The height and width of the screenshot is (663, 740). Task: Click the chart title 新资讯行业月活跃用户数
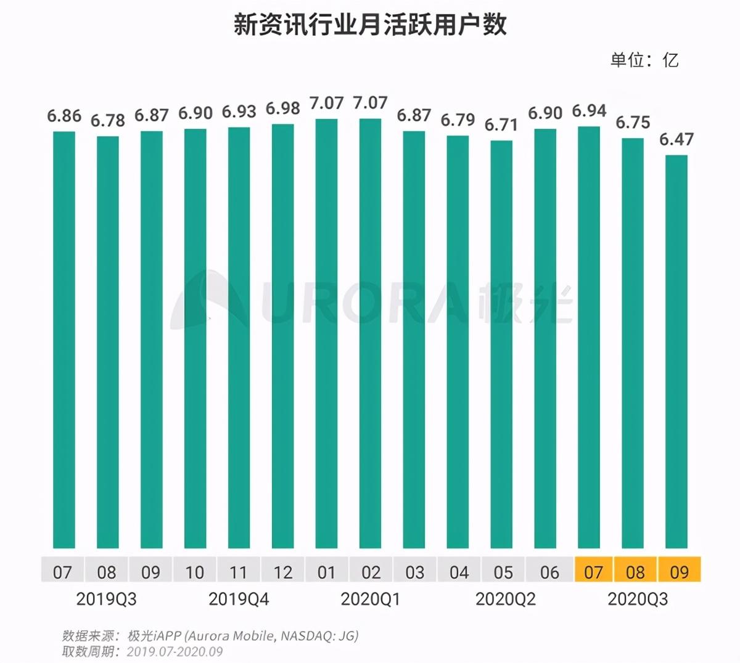[370, 26]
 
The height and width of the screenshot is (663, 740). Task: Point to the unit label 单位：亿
[644, 60]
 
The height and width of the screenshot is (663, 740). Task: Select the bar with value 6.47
[676, 351]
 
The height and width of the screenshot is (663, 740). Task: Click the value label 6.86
[64, 116]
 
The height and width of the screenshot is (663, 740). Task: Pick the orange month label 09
[680, 572]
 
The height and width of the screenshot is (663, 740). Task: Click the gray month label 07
[62, 572]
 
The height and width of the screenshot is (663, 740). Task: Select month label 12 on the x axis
[282, 572]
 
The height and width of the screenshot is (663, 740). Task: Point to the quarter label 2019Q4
[239, 599]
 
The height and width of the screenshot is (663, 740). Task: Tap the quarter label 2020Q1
[370, 599]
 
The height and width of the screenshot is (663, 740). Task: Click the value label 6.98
[282, 108]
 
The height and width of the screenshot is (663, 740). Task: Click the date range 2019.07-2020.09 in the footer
[175, 651]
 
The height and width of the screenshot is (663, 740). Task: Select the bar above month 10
[195, 338]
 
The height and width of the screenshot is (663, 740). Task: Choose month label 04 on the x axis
[459, 572]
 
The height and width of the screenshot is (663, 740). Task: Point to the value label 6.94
[589, 111]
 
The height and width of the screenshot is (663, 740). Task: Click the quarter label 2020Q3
[638, 599]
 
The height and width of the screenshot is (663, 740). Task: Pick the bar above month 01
[326, 333]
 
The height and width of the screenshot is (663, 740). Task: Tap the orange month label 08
[635, 572]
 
